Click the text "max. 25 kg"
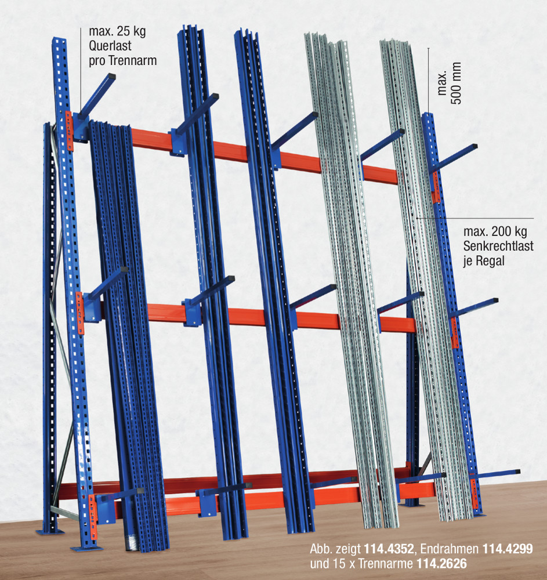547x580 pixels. [117, 31]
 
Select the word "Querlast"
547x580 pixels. [110, 46]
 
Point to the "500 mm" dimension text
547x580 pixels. [457, 83]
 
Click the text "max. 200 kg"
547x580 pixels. [495, 231]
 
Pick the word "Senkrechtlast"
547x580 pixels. [498, 246]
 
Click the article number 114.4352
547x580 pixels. [389, 549]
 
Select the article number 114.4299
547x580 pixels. [508, 549]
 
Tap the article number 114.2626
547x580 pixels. [441, 564]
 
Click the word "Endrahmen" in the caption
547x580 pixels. [450, 549]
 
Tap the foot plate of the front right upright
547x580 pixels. [480, 515]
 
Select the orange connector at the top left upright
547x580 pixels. [69, 131]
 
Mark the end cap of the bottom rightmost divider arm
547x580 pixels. [517, 472]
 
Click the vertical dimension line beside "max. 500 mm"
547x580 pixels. [429, 80]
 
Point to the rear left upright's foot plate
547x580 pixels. [50, 532]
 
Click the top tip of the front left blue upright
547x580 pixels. [59, 38]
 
